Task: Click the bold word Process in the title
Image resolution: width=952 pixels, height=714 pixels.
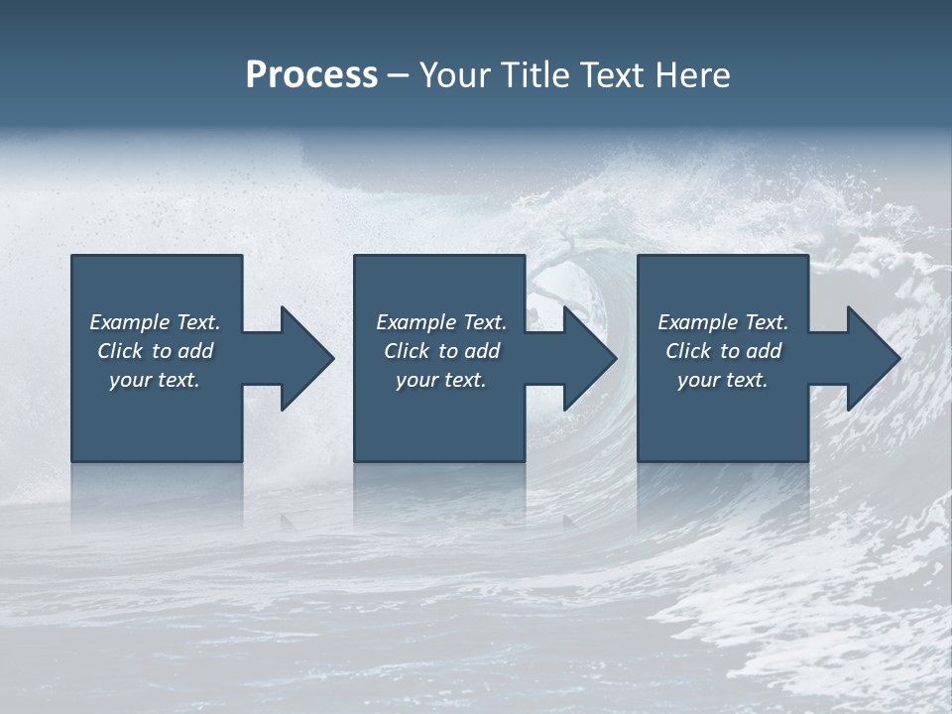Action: [311, 75]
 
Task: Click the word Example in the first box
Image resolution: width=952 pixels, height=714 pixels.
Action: [130, 322]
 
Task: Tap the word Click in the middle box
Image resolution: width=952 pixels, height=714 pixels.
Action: [407, 351]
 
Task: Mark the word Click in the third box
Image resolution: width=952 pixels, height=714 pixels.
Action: [688, 351]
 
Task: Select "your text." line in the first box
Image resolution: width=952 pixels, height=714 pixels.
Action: [155, 380]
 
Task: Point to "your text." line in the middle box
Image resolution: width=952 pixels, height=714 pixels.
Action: [441, 380]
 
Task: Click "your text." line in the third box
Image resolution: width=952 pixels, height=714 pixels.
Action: [723, 380]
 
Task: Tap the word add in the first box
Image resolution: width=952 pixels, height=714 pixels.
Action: [195, 351]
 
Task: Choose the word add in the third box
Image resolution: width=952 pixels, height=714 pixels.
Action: [764, 351]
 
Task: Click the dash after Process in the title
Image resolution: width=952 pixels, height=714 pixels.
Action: [399, 75]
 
